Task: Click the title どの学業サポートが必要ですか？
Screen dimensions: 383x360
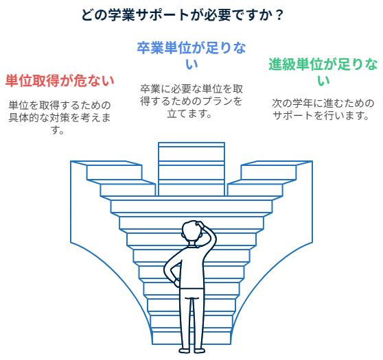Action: (182, 15)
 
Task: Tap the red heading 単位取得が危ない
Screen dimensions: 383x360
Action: (60, 81)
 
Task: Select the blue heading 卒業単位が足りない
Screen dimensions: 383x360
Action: (191, 56)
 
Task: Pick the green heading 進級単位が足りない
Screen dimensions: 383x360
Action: (323, 72)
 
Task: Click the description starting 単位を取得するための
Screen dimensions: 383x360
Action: (60, 117)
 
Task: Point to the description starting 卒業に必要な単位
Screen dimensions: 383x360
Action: (191, 101)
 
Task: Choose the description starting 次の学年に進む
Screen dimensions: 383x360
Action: (323, 109)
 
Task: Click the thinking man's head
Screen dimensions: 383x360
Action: (192, 231)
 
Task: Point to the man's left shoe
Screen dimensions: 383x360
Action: (185, 350)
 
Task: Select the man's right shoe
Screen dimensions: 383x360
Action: (199, 350)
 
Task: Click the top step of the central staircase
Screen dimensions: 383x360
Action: (191, 145)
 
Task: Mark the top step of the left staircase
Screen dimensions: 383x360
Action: (106, 163)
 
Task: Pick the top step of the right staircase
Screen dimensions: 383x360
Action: (277, 163)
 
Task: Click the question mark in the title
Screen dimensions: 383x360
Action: (279, 15)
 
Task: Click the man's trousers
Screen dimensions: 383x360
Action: (191, 318)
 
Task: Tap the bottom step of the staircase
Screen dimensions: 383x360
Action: (191, 338)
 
